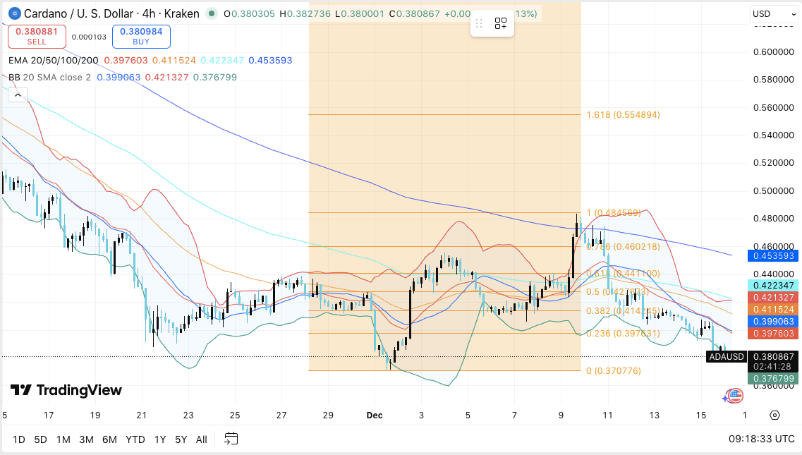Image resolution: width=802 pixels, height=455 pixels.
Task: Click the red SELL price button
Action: coord(37,37)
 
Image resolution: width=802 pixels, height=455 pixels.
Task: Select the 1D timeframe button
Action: coord(19,439)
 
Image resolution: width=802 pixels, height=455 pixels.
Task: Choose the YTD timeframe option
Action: coord(135,439)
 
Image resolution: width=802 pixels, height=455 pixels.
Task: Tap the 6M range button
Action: coord(109,439)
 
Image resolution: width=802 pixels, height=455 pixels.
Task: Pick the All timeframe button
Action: coord(201,439)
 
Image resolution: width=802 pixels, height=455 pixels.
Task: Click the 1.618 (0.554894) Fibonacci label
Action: coord(623,114)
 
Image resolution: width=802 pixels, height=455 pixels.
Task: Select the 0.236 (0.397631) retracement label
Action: coord(623,333)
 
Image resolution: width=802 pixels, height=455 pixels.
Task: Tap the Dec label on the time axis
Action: coord(374,415)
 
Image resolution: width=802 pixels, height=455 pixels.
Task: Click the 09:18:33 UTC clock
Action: coord(762,439)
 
